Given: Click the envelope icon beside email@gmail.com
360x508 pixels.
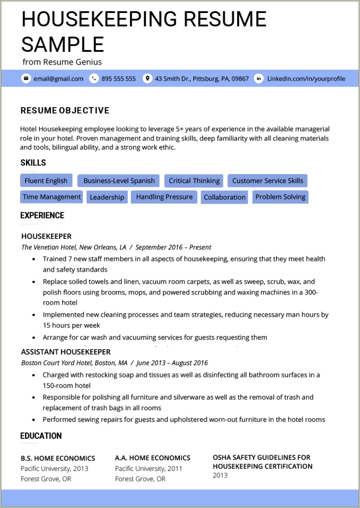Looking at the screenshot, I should point(26,78).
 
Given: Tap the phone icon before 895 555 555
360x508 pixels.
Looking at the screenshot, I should point(94,78).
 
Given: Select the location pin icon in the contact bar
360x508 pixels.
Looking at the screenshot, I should point(148,78).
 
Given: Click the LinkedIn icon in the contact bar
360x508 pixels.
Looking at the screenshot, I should point(259,78).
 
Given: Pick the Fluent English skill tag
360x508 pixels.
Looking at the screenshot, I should point(46,181).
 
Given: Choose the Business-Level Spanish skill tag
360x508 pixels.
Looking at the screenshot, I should point(119,181).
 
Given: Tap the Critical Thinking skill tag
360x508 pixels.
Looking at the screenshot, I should point(194,181).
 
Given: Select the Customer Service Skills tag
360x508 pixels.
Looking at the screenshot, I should point(268,181).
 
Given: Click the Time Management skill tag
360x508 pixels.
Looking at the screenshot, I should point(51,197).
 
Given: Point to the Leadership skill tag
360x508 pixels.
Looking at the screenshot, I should point(107,197).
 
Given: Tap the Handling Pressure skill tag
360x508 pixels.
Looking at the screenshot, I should point(164,197).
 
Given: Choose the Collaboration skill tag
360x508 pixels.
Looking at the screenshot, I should point(225,197).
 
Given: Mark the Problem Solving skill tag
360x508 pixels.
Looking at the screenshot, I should point(280,197).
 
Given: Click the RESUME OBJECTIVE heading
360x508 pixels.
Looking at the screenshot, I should point(65,110).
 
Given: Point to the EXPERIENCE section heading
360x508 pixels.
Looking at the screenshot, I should point(42,216).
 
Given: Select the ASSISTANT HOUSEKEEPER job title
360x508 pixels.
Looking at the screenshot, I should point(66,352).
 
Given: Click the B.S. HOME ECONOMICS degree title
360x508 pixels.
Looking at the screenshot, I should point(58,458).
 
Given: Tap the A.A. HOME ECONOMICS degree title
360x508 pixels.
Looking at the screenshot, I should point(153,458).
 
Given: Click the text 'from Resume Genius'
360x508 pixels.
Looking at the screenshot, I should point(62,62).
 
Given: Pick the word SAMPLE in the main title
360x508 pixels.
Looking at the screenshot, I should point(63,44).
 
